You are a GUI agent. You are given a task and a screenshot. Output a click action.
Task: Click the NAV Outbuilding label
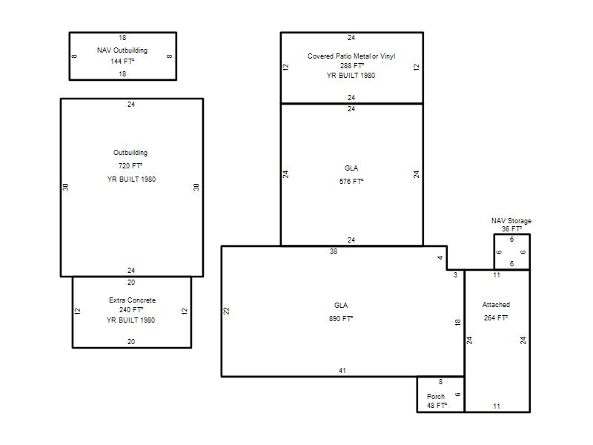(122, 50)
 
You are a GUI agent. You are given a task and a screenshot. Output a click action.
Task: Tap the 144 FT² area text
(122, 61)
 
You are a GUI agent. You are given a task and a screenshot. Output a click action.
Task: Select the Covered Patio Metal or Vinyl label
(351, 56)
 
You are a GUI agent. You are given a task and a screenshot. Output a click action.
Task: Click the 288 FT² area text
(351, 65)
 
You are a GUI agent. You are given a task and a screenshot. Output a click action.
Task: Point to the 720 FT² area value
(130, 165)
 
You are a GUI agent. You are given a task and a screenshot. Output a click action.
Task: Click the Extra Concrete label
(132, 300)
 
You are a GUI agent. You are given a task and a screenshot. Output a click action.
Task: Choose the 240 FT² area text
(131, 309)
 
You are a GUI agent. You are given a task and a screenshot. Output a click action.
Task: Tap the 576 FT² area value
(351, 181)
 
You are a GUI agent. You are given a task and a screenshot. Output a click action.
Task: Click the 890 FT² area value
(341, 319)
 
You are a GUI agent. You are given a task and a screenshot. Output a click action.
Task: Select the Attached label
(496, 305)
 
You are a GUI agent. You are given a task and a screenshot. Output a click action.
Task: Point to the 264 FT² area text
(496, 318)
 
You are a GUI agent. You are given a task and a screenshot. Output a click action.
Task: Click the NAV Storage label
(511, 220)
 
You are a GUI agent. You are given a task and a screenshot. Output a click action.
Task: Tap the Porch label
(436, 396)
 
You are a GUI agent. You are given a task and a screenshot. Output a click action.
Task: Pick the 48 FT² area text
(437, 405)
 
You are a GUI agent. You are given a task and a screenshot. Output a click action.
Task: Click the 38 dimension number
(333, 251)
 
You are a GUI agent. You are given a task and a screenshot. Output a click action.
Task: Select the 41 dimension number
(342, 370)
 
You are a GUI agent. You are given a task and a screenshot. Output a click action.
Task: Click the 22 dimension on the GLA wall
(226, 311)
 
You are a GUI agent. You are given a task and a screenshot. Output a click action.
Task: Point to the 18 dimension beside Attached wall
(457, 323)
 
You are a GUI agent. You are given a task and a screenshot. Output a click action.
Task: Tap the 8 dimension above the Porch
(440, 382)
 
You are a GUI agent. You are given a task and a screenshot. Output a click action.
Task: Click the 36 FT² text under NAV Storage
(511, 229)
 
